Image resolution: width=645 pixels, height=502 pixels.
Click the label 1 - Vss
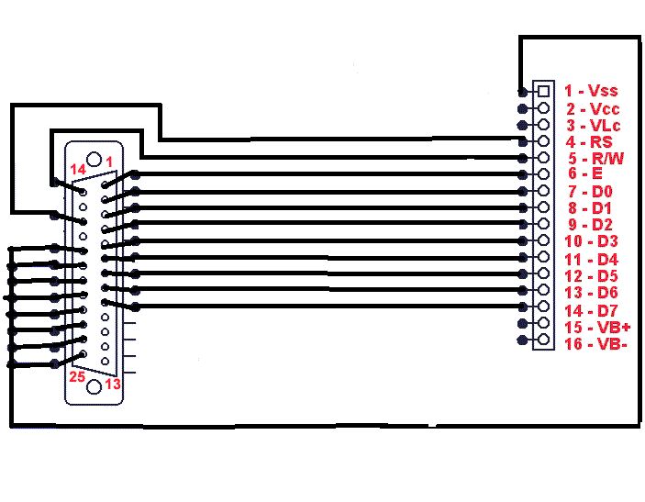591,91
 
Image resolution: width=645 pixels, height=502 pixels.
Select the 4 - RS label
589,142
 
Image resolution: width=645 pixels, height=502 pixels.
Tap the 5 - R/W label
596,159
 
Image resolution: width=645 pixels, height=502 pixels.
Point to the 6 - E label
585,173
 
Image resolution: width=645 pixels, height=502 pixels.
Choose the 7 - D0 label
590,191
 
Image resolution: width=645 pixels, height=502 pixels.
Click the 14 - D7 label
591,310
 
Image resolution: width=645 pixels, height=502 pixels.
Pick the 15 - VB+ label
597,327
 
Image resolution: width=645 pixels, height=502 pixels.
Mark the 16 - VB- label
595,343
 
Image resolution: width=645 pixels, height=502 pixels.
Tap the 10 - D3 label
591,241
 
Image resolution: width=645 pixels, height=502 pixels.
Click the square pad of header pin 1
543,91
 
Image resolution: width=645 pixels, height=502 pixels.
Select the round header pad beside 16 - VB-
543,339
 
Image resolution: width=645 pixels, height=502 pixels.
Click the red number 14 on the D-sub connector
78,169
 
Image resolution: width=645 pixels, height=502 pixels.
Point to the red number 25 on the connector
77,376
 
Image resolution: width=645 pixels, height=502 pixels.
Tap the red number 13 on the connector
113,384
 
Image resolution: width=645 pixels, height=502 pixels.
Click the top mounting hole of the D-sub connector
95,159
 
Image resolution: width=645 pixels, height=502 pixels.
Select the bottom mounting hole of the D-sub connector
95,386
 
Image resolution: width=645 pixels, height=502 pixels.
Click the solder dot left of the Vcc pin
522,108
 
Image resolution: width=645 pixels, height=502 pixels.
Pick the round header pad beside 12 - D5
543,273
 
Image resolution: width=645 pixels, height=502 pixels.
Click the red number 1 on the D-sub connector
109,162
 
